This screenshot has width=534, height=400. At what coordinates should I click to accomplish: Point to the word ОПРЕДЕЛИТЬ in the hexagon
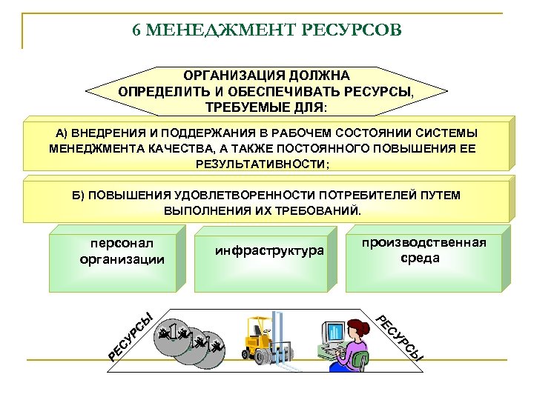157,91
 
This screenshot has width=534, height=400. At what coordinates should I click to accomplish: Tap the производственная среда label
423,250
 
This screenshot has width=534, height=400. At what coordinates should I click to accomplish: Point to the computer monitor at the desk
333,338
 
